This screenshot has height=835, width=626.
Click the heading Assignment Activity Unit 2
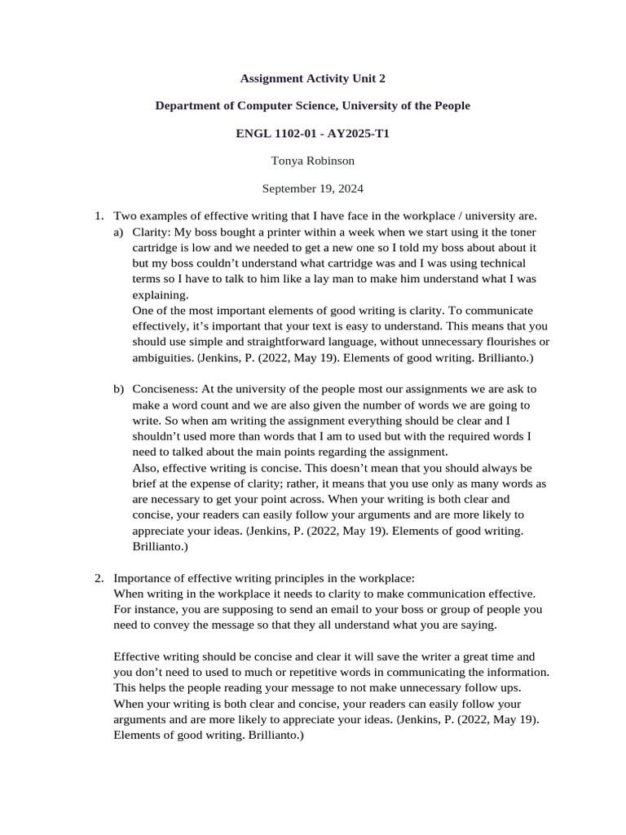(313, 79)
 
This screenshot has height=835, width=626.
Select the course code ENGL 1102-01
(271, 133)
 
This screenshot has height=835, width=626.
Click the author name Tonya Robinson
(313, 161)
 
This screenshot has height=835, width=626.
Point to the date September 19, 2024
(313, 188)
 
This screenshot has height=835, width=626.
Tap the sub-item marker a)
(120, 232)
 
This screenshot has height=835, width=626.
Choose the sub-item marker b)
(120, 389)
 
